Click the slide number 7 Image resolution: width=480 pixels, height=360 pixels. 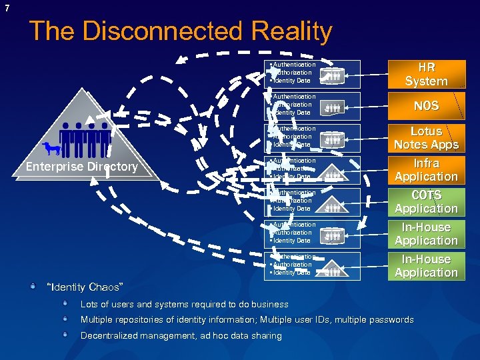7,8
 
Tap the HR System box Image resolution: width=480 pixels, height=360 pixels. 426,74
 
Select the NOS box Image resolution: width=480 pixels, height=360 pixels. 426,106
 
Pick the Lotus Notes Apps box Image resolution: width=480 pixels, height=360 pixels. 426,138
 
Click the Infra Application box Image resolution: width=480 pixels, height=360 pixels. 426,170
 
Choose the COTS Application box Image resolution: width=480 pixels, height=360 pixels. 426,202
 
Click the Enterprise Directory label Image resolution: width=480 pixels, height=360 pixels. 81,167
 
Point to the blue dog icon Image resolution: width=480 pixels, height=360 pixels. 51,149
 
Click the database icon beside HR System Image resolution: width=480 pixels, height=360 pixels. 333,75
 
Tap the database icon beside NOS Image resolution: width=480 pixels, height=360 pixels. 333,107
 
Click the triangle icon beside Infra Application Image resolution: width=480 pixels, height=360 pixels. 333,173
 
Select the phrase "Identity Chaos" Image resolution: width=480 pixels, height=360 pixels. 85,287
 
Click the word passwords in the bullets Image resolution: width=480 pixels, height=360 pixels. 391,319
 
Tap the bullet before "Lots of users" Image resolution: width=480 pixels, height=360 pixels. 65,303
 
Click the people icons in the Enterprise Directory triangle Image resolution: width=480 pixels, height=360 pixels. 85,140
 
